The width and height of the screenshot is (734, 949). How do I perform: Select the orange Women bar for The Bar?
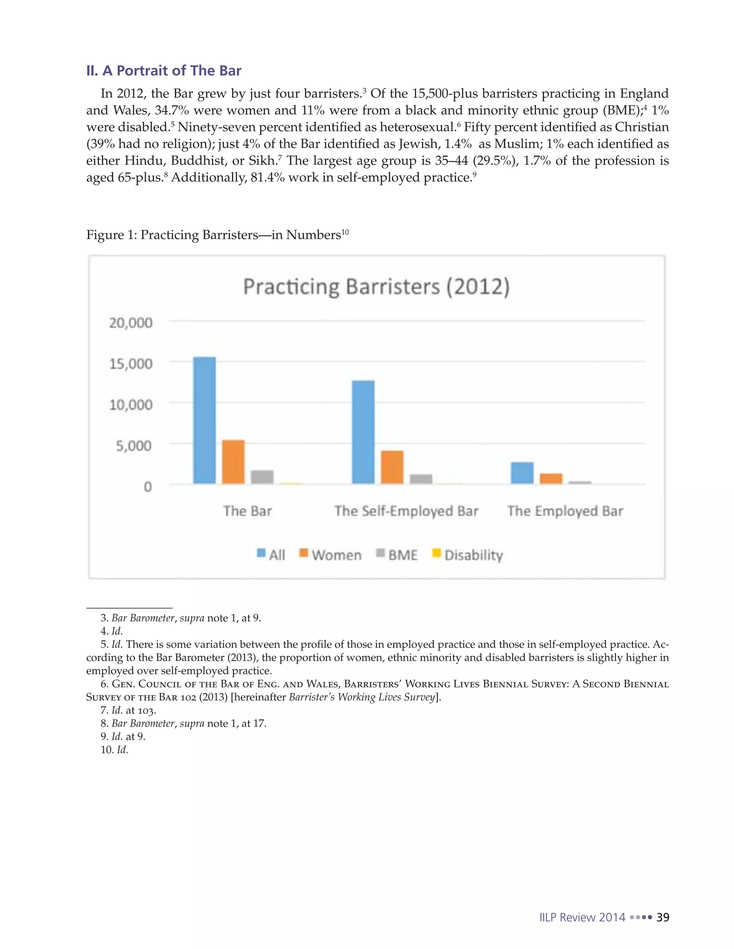[x=233, y=462]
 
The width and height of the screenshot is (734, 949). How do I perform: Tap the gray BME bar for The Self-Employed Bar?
[x=421, y=479]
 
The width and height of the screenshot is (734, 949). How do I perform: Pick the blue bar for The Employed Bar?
[x=522, y=473]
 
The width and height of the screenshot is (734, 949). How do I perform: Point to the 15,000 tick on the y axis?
[x=130, y=364]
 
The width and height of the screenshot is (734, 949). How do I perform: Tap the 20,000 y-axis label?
[x=130, y=323]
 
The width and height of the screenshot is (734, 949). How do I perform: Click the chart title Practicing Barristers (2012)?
[x=376, y=287]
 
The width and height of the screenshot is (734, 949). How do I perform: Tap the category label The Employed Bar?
[x=565, y=511]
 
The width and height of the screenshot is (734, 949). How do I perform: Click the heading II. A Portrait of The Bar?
[x=163, y=71]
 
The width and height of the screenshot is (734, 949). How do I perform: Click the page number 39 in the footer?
[x=663, y=917]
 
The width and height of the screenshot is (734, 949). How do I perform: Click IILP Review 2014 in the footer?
[x=582, y=917]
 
